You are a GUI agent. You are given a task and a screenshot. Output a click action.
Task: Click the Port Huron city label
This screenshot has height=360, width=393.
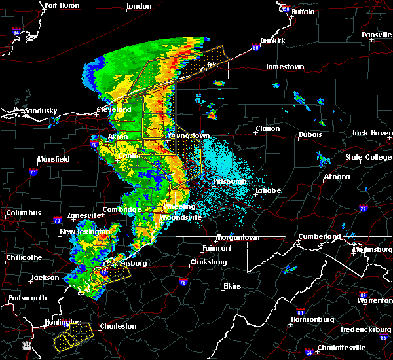pos(62,5)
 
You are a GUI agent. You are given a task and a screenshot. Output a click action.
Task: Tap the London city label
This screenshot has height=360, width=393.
pos(138,6)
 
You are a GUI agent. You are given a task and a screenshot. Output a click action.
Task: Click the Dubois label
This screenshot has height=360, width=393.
pos(310,134)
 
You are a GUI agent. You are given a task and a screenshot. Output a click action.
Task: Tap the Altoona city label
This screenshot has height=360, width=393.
pos(338,177)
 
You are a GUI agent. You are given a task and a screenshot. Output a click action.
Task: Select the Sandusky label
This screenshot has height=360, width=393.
pos(39,111)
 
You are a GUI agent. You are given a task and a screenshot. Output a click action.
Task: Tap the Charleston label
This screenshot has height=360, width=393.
pos(117,326)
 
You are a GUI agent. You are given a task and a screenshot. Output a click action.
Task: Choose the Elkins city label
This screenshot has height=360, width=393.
pos(232,286)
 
